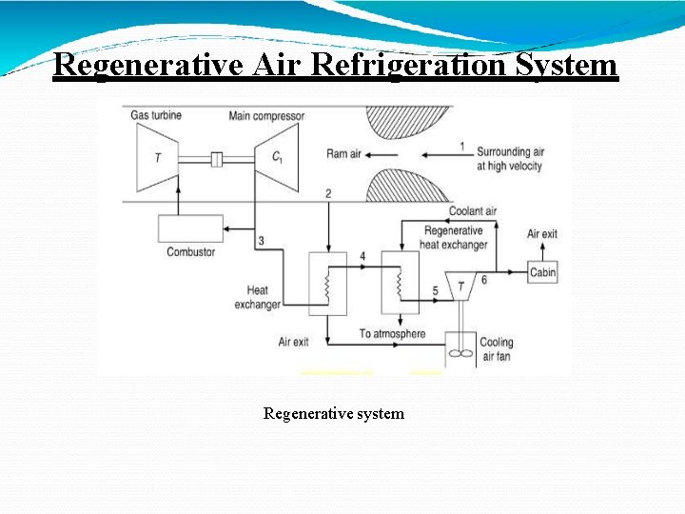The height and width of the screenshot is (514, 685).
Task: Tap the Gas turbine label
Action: (157, 116)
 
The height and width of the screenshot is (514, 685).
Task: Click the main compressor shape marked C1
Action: (275, 158)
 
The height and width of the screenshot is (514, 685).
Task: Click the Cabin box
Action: (542, 272)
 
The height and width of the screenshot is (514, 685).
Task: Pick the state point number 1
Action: (461, 147)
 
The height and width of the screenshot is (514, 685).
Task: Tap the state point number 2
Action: (328, 194)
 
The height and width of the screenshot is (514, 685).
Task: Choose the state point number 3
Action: (261, 242)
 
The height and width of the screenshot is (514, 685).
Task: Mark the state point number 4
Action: (362, 257)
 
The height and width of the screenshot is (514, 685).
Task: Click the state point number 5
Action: (436, 289)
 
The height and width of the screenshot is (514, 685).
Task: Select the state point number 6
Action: (483, 279)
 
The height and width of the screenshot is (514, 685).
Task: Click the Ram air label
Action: (342, 153)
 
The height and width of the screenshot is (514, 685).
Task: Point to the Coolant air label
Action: (473, 211)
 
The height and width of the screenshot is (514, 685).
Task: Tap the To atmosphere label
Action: (392, 334)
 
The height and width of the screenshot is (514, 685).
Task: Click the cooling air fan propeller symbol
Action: (460, 353)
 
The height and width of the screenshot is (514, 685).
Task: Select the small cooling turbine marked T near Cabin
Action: (460, 287)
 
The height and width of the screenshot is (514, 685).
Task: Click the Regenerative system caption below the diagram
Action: (333, 413)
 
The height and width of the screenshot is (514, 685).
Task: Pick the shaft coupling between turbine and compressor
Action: (216, 159)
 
